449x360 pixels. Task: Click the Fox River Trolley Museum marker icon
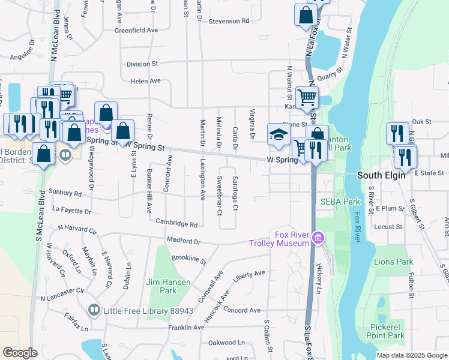tap(319, 239)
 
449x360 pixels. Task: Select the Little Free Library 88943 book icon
tap(94, 310)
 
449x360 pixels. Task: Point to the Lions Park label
tap(393, 262)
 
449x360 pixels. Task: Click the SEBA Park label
tap(340, 202)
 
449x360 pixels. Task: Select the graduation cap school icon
tap(279, 135)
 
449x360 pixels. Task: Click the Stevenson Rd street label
tap(229, 21)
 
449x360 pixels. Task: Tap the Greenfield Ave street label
tap(136, 29)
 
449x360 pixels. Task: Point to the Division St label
tap(142, 64)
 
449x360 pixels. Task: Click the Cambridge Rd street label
tap(176, 224)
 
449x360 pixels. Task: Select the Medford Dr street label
tap(184, 241)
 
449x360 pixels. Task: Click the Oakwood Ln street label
tap(226, 343)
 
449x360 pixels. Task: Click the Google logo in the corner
tap(20, 353)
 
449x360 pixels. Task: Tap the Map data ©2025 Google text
tap(412, 355)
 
